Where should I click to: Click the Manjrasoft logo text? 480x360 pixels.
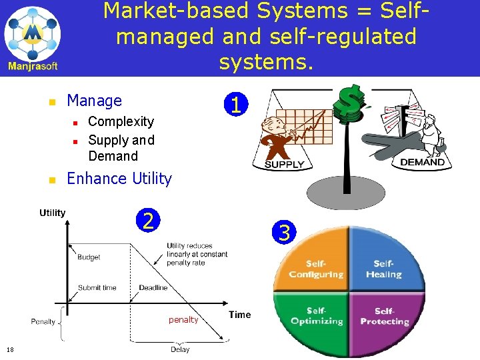(33, 66)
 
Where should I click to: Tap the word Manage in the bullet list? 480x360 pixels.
(95, 101)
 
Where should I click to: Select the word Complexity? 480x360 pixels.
(121, 121)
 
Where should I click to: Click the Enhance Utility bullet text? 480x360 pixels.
(119, 179)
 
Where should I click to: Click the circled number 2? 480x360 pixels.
(149, 221)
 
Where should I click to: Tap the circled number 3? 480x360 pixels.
(285, 233)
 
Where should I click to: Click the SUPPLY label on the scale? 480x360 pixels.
(285, 164)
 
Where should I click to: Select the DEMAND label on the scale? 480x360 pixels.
(422, 162)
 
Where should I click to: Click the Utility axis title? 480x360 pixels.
(52, 213)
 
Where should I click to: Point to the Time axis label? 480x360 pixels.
(240, 315)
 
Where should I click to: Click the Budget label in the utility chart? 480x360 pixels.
(89, 257)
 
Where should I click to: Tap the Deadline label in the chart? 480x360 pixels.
(153, 288)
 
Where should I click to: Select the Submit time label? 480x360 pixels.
(97, 288)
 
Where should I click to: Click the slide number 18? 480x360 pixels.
(10, 349)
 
